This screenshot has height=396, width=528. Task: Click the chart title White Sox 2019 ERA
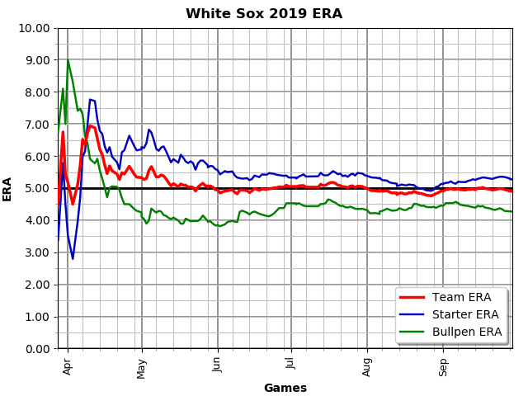point(264,14)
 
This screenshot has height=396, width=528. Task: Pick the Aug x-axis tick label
point(367,365)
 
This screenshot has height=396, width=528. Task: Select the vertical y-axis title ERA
point(7,188)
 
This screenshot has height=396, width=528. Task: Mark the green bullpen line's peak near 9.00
point(68,60)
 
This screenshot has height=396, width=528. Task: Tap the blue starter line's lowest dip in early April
point(73,258)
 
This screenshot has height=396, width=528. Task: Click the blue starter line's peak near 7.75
point(91,100)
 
